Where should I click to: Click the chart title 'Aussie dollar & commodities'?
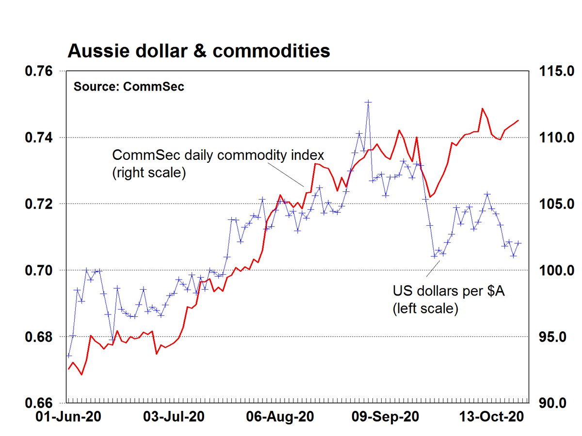click(x=199, y=50)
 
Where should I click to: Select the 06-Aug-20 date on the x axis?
click(x=281, y=417)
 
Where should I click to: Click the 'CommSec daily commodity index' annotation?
click(x=218, y=156)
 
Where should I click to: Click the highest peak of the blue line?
click(x=368, y=102)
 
